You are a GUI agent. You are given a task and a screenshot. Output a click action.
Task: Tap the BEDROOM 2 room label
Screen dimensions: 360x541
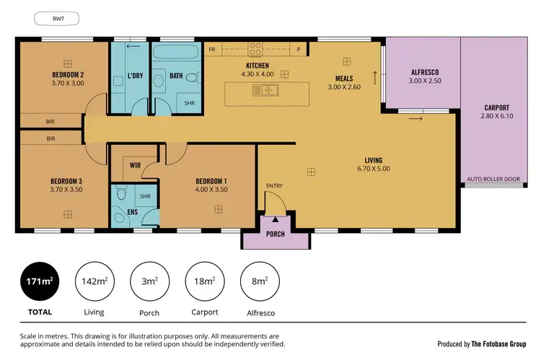coord(68,74)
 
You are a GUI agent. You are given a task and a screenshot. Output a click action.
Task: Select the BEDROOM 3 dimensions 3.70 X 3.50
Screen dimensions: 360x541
coord(67,189)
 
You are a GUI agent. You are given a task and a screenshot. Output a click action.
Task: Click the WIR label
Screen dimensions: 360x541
coord(134,165)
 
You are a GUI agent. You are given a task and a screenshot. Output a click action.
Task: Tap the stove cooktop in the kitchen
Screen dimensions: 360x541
coord(255,49)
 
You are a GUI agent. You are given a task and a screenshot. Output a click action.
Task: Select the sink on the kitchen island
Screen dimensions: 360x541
coord(265,91)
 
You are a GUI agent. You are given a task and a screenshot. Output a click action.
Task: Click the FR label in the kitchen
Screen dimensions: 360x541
coord(212,50)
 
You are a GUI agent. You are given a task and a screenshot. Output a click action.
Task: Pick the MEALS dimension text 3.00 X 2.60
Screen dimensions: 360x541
coord(343,87)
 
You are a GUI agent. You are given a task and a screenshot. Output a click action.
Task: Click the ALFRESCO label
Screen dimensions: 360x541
coord(425,73)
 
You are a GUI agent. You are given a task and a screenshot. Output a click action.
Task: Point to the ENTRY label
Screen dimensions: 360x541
coord(274,186)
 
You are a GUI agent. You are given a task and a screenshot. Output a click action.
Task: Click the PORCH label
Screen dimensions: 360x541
coord(276,234)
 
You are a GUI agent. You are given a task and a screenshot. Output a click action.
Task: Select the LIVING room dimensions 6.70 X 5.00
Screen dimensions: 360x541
coord(373,169)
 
